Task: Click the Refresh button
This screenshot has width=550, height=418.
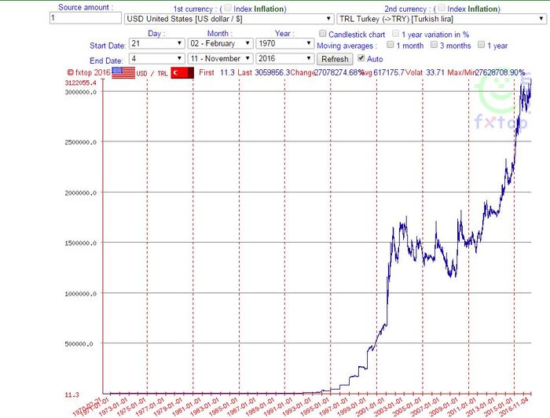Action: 335,59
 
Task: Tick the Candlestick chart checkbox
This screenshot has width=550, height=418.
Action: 323,35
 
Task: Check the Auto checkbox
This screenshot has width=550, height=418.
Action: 361,58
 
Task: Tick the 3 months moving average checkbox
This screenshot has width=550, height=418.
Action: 433,46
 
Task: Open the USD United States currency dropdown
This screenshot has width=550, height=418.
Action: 229,18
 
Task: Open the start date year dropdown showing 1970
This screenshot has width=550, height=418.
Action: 285,44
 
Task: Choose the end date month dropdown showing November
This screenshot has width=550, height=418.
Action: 219,59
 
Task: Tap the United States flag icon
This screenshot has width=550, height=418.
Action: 123,72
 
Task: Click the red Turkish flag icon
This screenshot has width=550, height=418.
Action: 182,72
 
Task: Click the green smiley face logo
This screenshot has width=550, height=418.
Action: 496,93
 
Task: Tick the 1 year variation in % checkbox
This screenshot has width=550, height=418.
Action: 396,35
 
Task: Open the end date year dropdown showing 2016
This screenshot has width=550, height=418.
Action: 285,59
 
